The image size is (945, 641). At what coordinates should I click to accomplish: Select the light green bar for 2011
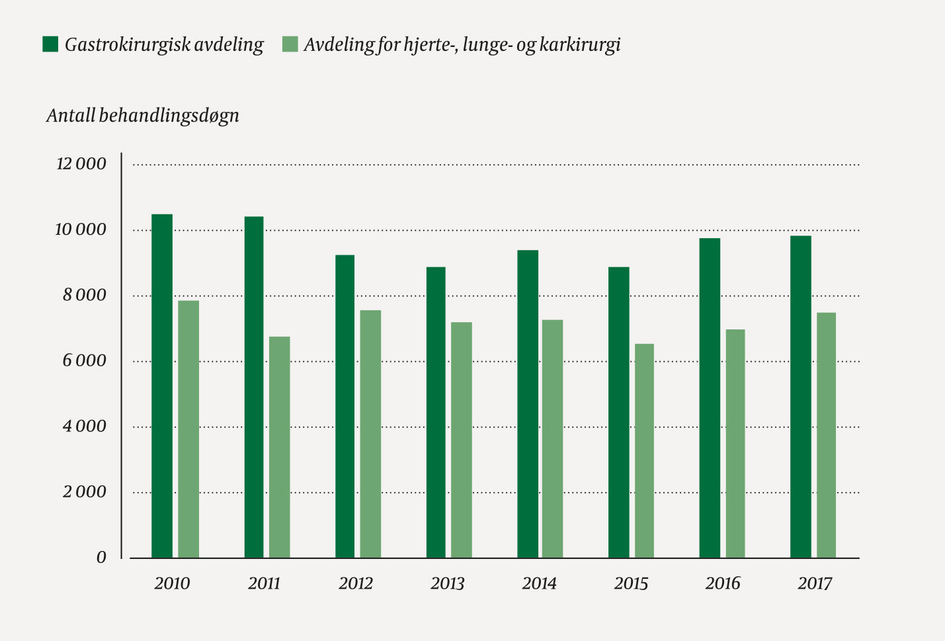click(279, 447)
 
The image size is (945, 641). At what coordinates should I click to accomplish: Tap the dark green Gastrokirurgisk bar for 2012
click(345, 406)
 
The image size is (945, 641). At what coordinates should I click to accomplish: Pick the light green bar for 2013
click(462, 440)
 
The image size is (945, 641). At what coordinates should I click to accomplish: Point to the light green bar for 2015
click(644, 450)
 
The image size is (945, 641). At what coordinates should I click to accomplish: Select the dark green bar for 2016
click(710, 398)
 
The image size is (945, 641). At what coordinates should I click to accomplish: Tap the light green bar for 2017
click(826, 435)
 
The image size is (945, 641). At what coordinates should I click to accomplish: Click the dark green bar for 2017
click(801, 397)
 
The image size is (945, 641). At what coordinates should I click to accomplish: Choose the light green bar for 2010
click(188, 429)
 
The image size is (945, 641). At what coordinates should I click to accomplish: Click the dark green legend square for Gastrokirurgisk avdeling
click(51, 44)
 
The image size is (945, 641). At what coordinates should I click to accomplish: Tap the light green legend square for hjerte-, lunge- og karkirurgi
click(290, 44)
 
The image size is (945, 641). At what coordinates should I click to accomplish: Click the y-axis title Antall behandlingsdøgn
click(143, 116)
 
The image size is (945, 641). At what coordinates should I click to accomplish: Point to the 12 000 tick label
click(81, 164)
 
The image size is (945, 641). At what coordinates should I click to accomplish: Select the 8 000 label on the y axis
click(84, 296)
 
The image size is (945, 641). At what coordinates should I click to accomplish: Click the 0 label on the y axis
click(101, 558)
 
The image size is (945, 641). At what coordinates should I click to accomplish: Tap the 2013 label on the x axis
click(448, 583)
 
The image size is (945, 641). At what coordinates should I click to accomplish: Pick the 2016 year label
click(722, 583)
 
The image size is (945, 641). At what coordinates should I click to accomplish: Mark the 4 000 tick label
click(84, 427)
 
